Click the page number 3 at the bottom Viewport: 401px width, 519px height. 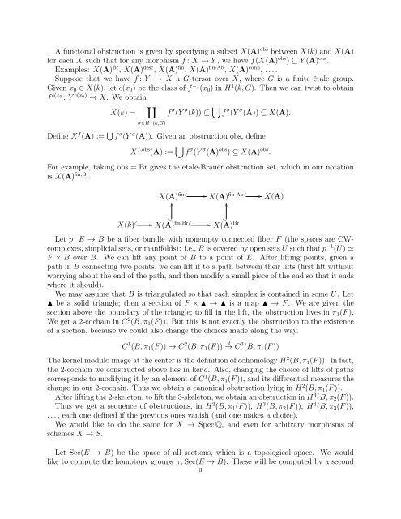click(x=200, y=513)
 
